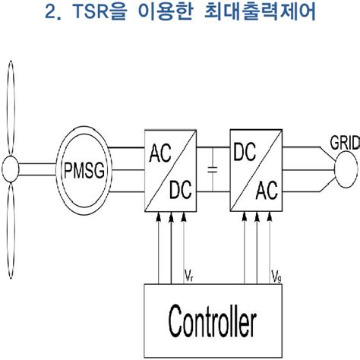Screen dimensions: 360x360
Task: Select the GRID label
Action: (343, 143)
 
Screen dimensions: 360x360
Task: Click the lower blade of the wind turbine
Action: (11, 228)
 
